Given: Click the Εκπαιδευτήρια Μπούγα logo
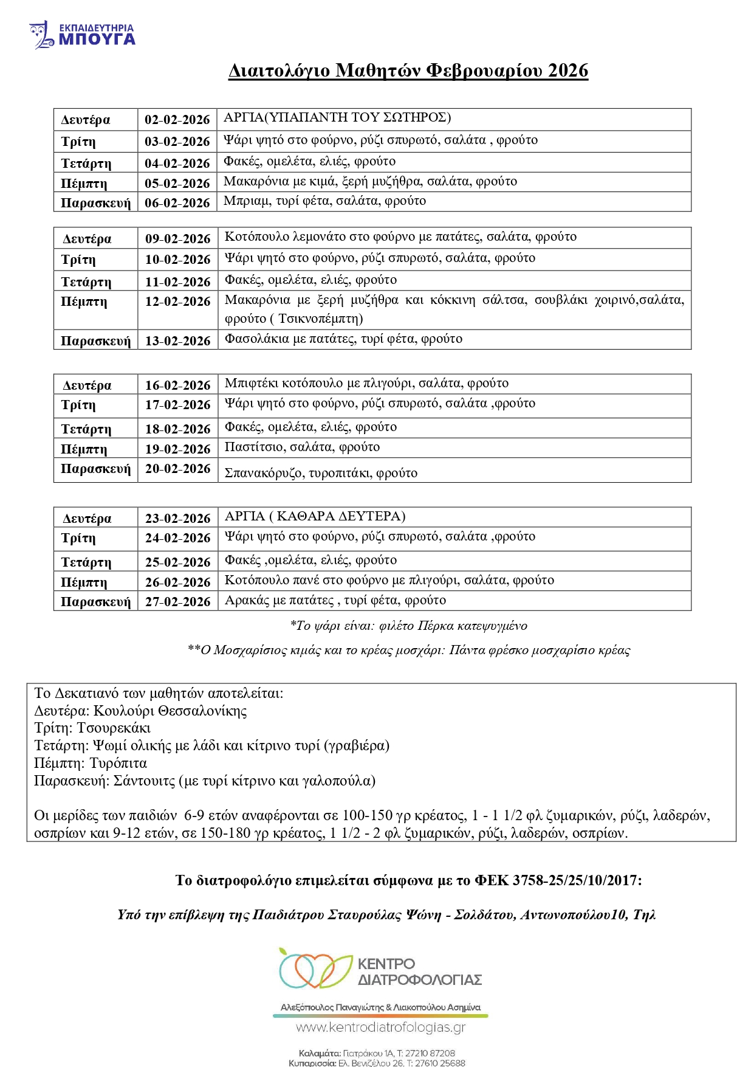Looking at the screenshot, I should coord(82,35).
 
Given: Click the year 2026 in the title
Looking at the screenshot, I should coord(567,71).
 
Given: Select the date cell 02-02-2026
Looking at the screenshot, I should coord(177,120).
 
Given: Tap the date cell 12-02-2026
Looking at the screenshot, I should coord(177,302).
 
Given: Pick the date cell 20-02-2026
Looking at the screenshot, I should coord(177,469).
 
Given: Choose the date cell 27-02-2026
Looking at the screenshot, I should coord(177,602).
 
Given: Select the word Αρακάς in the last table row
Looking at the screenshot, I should coord(247,601).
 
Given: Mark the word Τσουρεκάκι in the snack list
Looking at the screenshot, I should coord(114,728).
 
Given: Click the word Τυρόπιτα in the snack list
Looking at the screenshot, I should coord(118,764).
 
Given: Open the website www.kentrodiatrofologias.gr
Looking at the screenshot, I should coord(380,1027).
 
